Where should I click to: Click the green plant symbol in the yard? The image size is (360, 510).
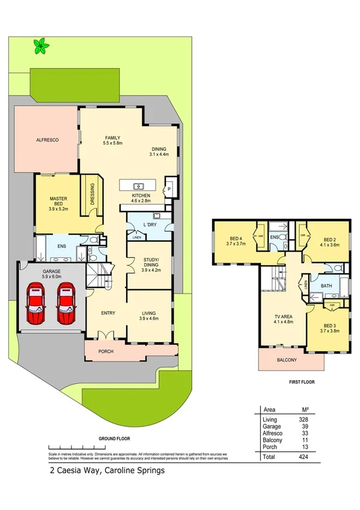point(41,46)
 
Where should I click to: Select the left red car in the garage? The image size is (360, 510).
point(36,304)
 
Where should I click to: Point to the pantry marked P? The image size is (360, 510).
point(169,188)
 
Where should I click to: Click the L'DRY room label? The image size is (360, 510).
point(149,224)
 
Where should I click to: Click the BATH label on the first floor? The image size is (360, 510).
point(326,286)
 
